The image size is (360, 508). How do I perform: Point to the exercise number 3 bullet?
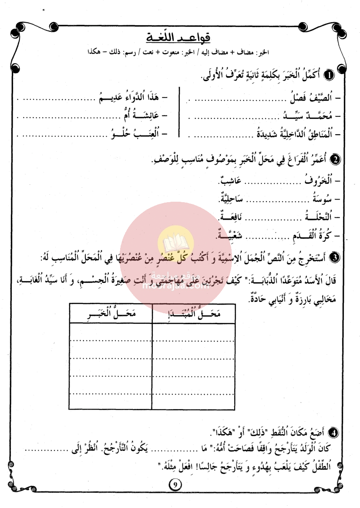click(336, 257)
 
